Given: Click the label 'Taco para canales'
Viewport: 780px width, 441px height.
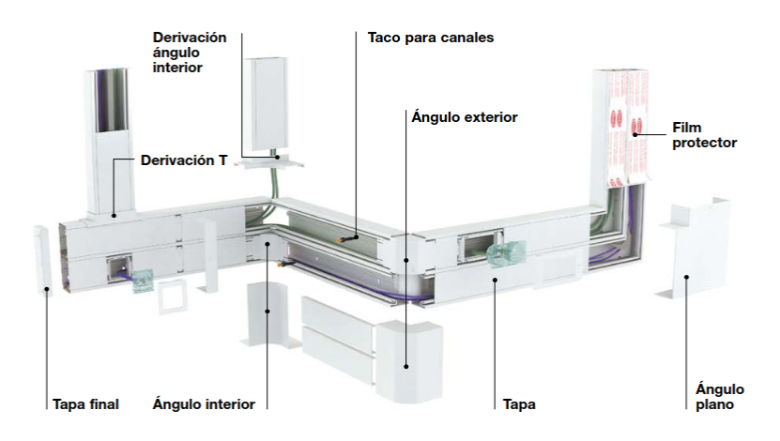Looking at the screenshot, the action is pos(430,38).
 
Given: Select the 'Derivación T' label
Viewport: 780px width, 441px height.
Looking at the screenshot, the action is pos(184,160).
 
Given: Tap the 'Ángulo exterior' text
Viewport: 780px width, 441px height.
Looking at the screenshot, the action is pos(464,117).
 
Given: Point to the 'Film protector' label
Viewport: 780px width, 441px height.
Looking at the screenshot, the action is pos(704,135).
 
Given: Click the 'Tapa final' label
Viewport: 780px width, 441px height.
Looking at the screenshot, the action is pos(85,404).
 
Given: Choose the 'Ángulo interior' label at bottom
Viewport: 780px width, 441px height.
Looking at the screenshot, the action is pos(204,403).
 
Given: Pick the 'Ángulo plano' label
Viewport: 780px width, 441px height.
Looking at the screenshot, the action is pos(719,396).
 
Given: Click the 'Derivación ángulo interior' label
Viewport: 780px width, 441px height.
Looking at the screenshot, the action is pos(189,53).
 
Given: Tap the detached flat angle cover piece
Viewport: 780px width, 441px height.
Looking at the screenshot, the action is pos(695,248).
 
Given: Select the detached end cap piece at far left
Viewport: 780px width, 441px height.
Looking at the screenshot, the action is pos(42,260).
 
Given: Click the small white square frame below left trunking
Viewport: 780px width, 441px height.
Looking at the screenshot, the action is pos(173,297).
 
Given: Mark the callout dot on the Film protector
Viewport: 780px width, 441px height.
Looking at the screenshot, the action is pos(635,135).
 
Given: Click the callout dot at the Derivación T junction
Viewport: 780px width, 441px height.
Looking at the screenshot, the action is pos(114,215).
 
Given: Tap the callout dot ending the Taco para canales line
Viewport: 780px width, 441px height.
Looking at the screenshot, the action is pos(356,236).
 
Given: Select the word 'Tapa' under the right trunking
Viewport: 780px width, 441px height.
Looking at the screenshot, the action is pos(519,404).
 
